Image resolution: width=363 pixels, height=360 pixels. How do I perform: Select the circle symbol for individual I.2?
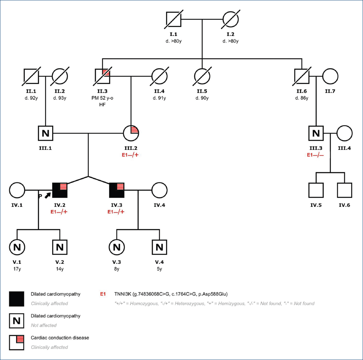pyautogui.click(x=231, y=19)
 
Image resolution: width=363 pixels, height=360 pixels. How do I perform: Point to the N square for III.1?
pyautogui.click(x=46, y=133)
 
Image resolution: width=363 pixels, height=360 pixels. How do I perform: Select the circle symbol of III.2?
pyautogui.click(x=131, y=133)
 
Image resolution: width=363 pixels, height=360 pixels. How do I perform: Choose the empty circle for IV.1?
pyautogui.click(x=17, y=190)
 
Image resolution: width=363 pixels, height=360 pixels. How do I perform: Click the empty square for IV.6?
pyautogui.click(x=345, y=190)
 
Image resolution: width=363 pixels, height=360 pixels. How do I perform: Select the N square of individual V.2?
pyautogui.click(x=60, y=247)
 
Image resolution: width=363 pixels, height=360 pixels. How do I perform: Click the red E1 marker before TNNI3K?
pyautogui.click(x=103, y=294)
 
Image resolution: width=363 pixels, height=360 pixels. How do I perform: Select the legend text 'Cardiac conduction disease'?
pyautogui.click(x=60, y=338)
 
